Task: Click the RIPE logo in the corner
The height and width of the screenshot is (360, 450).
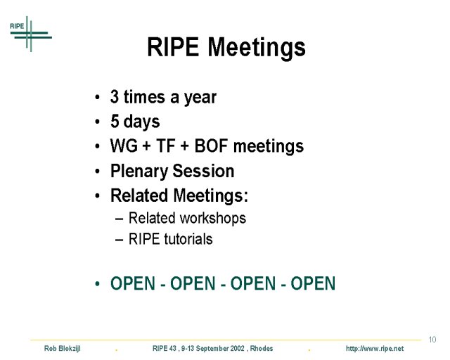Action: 31,34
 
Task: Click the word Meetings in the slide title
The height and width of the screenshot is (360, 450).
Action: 257,47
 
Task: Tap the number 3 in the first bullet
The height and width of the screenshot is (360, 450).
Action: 115,97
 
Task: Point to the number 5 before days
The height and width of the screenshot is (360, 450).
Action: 115,121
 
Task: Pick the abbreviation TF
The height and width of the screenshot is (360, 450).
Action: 166,146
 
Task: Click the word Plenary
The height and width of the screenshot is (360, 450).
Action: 139,172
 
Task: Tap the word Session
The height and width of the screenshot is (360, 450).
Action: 203,171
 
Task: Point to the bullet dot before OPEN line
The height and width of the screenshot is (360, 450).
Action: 97,284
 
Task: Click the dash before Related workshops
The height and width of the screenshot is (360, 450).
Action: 119,219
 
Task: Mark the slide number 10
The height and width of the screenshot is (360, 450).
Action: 432,340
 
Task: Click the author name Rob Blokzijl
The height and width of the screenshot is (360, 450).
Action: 63,349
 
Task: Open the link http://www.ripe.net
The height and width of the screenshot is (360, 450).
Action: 375,349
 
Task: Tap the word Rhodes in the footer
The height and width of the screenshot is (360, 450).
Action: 262,349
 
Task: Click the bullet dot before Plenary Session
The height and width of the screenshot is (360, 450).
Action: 97,172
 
